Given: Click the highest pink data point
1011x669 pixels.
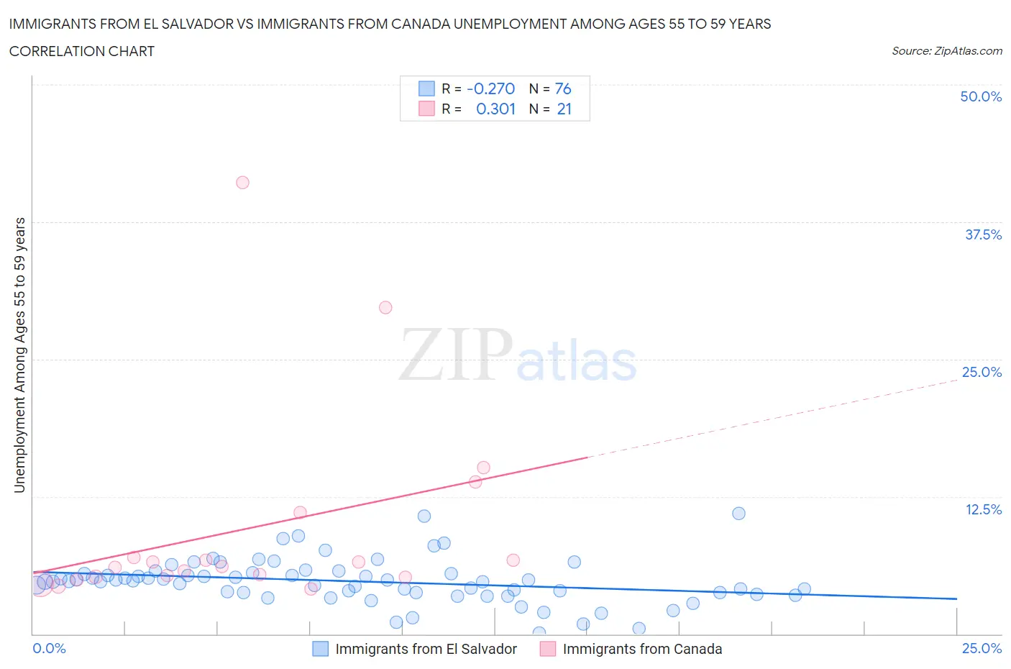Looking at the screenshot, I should coord(242,183).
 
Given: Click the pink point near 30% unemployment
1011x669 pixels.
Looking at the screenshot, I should coord(385,307).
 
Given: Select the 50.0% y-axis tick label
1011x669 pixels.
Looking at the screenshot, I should coord(981,96).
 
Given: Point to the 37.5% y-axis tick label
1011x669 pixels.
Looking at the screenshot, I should coord(983,235).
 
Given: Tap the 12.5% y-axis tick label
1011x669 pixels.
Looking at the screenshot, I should coord(983,509).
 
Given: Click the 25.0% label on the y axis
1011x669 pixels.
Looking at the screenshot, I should coord(982,372).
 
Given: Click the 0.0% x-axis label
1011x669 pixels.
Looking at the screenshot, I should coord(49,648).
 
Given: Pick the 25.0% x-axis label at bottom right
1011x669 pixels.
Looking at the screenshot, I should coord(982,648).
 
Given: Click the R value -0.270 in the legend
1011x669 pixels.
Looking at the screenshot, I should coord(490,88).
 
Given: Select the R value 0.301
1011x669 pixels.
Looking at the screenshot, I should coord(495,109).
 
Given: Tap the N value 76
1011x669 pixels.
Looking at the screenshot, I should coord(563,88).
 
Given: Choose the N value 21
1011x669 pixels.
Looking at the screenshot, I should coord(564,109).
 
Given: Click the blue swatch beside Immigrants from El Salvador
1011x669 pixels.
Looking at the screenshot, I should coord(320,649).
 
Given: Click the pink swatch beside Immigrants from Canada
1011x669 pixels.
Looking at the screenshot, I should coord(548,649).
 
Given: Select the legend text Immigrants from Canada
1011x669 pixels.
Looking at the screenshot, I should coord(642,649).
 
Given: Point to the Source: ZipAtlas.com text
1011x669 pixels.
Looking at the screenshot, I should coord(946,51).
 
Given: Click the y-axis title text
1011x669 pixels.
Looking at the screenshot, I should coord(19,355).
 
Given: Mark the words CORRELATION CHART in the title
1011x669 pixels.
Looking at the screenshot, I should coord(82,51).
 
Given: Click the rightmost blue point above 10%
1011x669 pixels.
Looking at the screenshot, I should coord(738,514).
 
